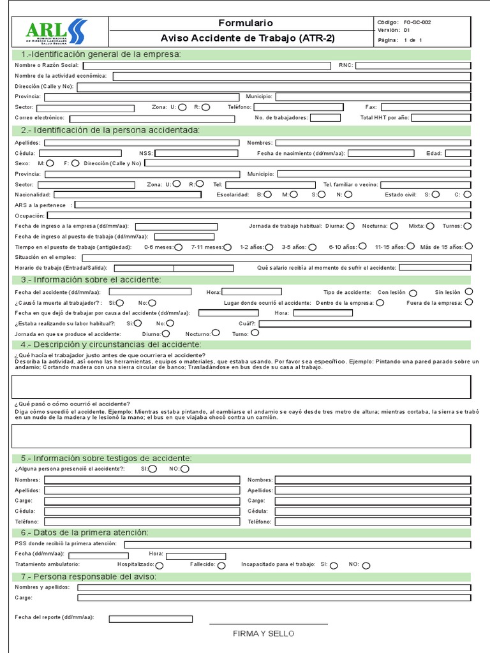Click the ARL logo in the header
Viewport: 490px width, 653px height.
click(56, 32)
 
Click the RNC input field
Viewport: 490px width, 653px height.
click(413, 65)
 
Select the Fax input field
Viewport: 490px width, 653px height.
click(426, 107)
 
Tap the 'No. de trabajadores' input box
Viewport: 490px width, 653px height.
click(325, 117)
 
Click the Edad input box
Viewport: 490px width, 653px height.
click(457, 153)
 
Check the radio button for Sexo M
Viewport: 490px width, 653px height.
click(50, 163)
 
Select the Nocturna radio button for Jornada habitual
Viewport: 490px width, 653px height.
click(394, 226)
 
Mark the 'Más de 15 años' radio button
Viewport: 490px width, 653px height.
click(469, 246)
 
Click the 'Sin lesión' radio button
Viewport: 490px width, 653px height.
click(469, 292)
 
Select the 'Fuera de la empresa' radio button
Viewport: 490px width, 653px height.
click(469, 302)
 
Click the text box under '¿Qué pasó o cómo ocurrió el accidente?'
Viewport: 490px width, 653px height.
click(241, 436)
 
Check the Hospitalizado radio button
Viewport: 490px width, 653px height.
click(160, 565)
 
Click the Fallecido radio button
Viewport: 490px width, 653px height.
click(221, 565)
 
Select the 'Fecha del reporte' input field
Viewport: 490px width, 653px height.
click(151, 619)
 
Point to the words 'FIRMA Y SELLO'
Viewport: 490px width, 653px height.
click(264, 634)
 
